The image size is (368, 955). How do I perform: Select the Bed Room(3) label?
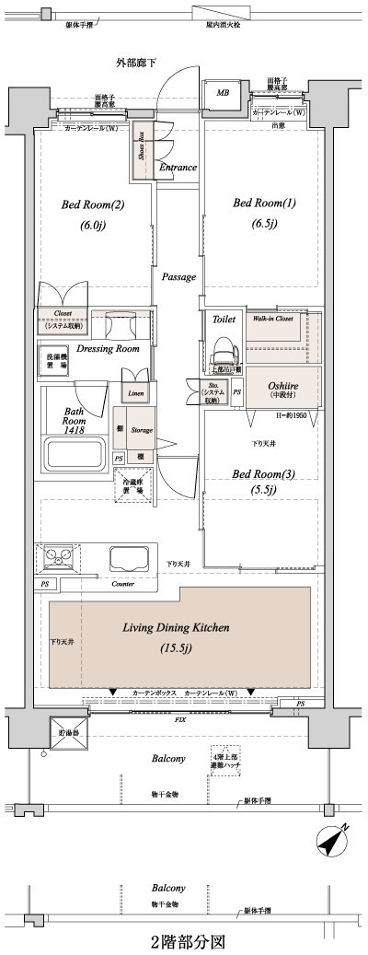tap(263, 474)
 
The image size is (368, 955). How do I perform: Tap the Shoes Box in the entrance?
tap(142, 146)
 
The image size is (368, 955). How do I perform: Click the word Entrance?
tap(178, 168)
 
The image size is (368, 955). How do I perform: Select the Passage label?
tap(178, 276)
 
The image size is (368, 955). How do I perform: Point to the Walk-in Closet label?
tap(273, 318)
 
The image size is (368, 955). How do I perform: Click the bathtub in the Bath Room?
tap(76, 454)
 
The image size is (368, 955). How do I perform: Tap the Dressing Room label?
tap(108, 349)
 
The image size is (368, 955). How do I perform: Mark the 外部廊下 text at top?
tap(135, 63)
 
